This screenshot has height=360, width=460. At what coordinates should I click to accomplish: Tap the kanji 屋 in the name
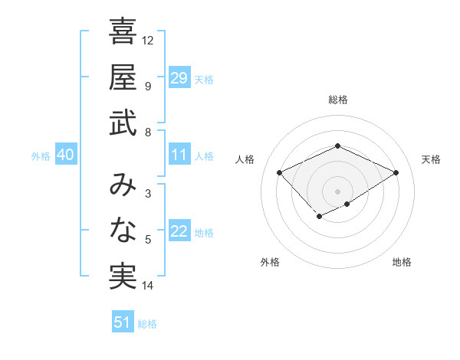pyautogui.click(x=123, y=77)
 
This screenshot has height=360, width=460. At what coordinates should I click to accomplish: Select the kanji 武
pyautogui.click(x=123, y=123)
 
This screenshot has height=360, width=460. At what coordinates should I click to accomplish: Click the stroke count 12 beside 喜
pyautogui.click(x=148, y=40)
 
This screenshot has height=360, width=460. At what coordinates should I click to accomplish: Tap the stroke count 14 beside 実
pyautogui.click(x=148, y=286)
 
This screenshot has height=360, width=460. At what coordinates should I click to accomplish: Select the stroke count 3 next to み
pyautogui.click(x=147, y=194)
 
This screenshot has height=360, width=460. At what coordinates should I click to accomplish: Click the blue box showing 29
pyautogui.click(x=179, y=78)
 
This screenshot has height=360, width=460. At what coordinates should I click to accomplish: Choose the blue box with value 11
pyautogui.click(x=179, y=155)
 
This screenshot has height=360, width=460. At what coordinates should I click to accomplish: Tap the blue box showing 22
pyautogui.click(x=179, y=232)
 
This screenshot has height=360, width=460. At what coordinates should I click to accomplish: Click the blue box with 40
pyautogui.click(x=65, y=155)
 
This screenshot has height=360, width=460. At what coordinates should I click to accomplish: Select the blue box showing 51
pyautogui.click(x=122, y=322)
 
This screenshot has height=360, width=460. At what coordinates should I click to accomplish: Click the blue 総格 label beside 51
pyautogui.click(x=147, y=324)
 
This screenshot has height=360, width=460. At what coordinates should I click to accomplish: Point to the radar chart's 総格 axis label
pyautogui.click(x=337, y=100)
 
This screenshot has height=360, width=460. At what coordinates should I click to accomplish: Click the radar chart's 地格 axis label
pyautogui.click(x=402, y=262)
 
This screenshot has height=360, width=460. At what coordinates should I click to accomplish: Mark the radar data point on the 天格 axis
pyautogui.click(x=396, y=172)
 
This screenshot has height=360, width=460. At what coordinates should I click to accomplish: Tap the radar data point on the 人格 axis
pyautogui.click(x=280, y=172)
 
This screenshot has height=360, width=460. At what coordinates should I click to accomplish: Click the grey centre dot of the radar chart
pyautogui.click(x=337, y=191)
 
